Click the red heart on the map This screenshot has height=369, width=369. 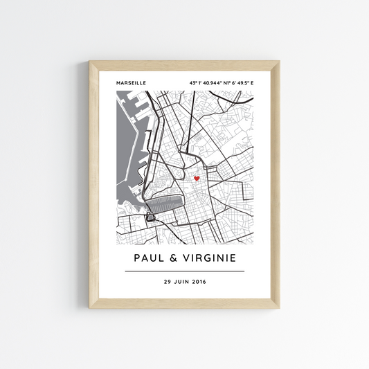click(196, 179)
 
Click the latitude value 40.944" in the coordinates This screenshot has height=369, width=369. click(208, 84)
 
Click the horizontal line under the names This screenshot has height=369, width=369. click(184, 271)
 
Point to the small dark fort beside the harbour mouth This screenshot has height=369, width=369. click(150, 218)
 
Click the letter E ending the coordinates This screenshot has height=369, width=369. click(251, 84)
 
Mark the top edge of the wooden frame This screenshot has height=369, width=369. click(184, 65)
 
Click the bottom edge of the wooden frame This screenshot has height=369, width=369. click(184, 303)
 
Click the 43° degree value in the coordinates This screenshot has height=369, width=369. click(192, 84)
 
